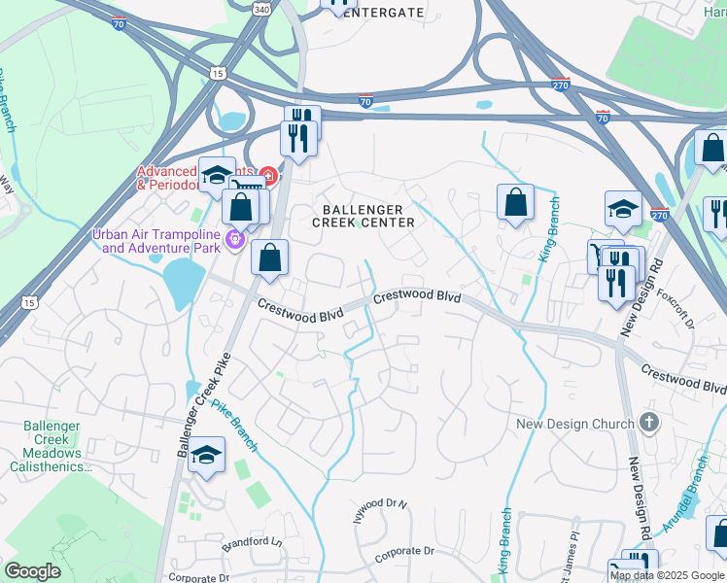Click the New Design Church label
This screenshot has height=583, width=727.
click(575, 424)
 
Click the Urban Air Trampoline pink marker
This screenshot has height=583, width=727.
click(233, 237)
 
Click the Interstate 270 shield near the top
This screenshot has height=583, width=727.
click(559, 85)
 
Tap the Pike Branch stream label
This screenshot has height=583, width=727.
click(234, 427)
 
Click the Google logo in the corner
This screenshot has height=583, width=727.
click(31, 571)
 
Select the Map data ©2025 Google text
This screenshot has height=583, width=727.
click(667, 575)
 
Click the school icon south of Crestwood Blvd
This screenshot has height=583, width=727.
click(207, 455)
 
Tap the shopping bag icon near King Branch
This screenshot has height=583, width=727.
click(516, 202)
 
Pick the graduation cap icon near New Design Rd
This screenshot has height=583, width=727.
click(623, 208)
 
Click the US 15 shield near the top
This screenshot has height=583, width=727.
click(217, 73)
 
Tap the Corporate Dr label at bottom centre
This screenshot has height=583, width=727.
click(405, 551)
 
